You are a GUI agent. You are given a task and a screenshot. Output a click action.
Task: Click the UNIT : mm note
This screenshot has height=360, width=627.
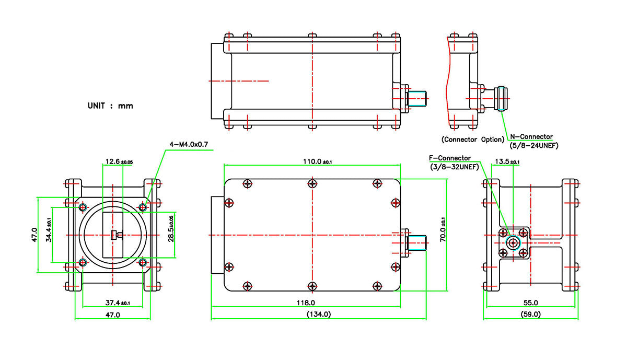[110, 106]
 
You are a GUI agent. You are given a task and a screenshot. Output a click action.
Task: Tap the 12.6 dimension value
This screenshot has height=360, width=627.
[119, 162]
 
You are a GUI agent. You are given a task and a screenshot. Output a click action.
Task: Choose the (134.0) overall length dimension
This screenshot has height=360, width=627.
[318, 314]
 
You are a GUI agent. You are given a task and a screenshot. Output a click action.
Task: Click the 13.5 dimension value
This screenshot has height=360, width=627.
[507, 162]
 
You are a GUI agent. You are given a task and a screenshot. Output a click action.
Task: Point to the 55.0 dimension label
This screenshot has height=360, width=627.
[530, 303]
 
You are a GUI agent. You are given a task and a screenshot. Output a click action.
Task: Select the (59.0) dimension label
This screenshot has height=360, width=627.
[530, 314]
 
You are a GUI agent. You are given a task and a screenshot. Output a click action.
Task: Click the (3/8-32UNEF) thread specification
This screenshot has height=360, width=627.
[453, 167]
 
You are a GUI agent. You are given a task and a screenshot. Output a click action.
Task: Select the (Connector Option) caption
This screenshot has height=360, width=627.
[473, 139]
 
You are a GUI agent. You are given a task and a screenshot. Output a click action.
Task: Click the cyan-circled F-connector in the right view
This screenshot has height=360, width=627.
[514, 242]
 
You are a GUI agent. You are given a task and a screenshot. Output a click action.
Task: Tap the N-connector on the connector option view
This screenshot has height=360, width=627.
[500, 98]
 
